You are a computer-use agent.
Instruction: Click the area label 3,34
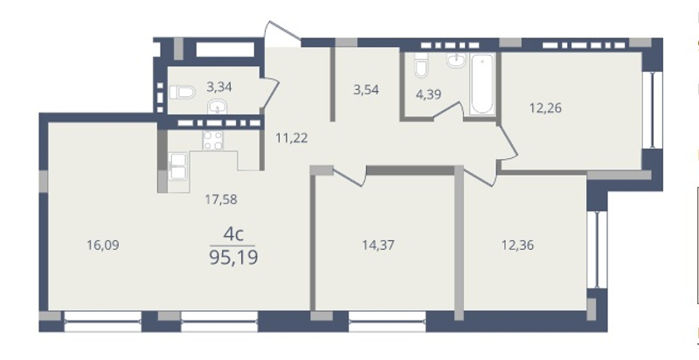click(219, 87)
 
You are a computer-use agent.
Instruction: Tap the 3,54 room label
click(366, 89)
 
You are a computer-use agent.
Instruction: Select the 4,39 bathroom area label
click(428, 95)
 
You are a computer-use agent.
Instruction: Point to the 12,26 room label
click(545, 107)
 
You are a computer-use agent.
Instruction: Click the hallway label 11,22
click(292, 138)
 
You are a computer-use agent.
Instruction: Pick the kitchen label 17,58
click(221, 199)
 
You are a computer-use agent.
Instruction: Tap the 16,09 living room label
click(103, 245)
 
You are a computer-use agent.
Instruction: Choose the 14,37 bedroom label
click(378, 245)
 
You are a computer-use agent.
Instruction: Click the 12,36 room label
click(517, 245)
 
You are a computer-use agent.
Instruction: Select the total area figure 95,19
click(233, 258)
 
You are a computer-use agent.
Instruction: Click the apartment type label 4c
click(233, 234)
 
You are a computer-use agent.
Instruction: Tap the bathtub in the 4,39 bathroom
click(482, 84)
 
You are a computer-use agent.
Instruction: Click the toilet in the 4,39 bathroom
click(421, 65)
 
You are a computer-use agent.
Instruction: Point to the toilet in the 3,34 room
click(182, 93)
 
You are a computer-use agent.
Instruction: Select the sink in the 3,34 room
click(218, 107)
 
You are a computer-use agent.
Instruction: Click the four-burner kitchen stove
click(212, 140)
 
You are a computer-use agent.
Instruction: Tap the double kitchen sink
click(178, 166)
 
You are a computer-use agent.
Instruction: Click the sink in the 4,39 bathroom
click(456, 60)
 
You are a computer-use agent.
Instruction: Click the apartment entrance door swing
click(282, 34)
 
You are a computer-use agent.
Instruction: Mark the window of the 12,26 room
click(652, 109)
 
